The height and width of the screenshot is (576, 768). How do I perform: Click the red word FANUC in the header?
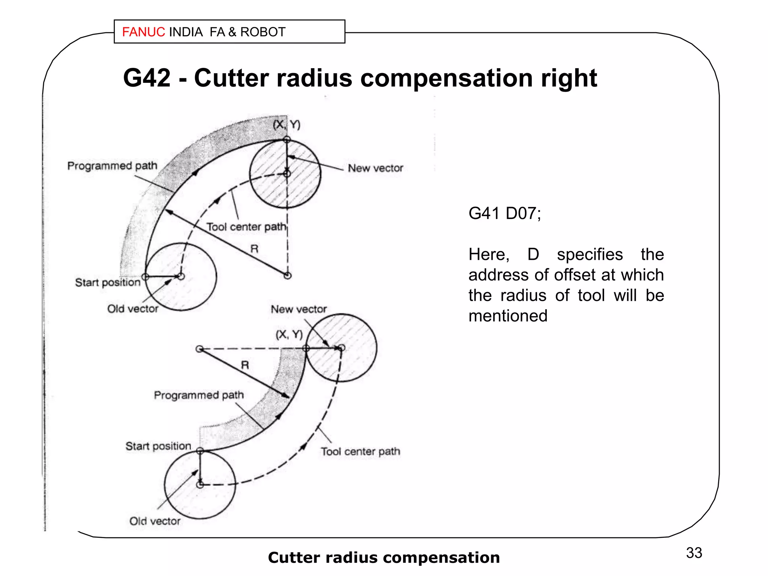143,32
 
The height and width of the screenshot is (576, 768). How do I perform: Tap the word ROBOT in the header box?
263,32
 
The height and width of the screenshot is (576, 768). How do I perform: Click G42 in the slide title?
147,78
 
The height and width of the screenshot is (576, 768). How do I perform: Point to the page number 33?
694,553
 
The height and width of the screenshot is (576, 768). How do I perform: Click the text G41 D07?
505,213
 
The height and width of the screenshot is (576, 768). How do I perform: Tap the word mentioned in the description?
508,316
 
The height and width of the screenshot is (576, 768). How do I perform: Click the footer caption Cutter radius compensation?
384,557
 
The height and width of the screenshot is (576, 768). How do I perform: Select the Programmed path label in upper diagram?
112,165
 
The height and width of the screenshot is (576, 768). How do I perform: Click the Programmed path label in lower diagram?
199,395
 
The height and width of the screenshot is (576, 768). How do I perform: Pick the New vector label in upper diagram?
375,168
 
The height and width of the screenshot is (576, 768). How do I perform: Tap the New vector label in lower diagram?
299,309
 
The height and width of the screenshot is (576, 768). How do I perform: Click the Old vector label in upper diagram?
133,309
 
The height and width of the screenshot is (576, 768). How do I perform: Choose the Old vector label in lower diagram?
155,521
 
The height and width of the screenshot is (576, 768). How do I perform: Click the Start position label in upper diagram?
108,282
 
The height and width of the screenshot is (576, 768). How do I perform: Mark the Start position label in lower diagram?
158,446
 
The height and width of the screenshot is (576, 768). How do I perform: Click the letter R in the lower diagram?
245,365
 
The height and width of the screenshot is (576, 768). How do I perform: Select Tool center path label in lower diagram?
360,451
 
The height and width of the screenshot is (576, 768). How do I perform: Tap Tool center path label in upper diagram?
246,227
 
